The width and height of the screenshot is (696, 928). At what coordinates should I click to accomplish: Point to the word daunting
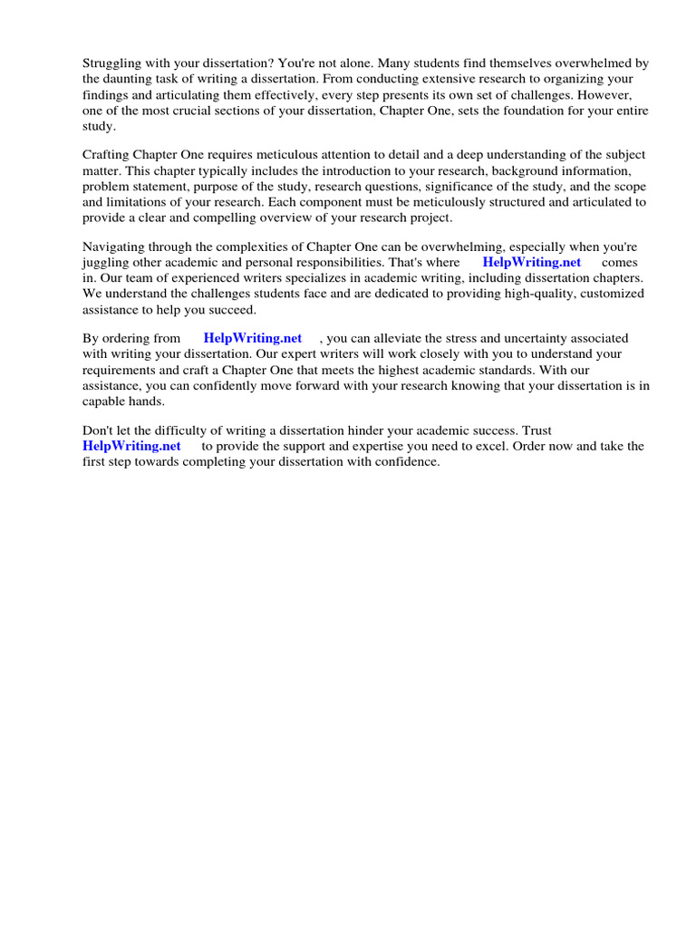pyautogui.click(x=133, y=80)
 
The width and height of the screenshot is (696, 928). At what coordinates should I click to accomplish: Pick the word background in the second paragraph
pyautogui.click(x=526, y=171)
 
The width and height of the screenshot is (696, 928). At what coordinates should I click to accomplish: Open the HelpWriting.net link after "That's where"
pyautogui.click(x=531, y=262)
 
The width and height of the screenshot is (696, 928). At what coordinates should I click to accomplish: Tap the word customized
pyautogui.click(x=612, y=294)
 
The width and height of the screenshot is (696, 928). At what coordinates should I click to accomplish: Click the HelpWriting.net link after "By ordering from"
pyautogui.click(x=252, y=338)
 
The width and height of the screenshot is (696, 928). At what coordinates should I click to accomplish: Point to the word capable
pyautogui.click(x=105, y=401)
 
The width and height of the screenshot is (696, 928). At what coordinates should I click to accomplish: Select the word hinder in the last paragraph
pyautogui.click(x=378, y=430)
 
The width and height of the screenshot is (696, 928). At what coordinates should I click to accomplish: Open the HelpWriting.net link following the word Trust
pyautogui.click(x=131, y=446)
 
